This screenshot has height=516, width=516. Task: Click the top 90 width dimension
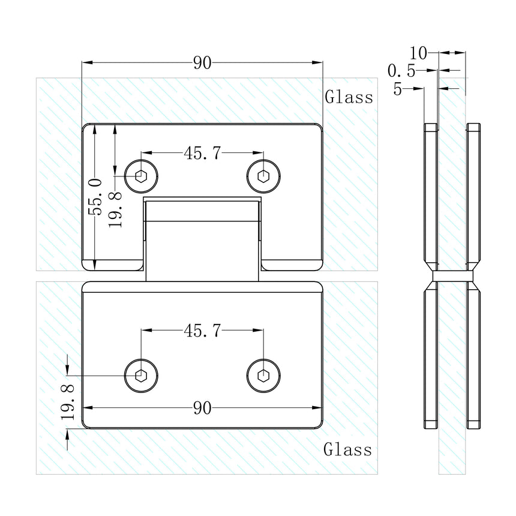point(202,63)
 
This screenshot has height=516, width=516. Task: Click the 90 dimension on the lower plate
point(202,409)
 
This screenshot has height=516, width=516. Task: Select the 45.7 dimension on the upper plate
point(202,154)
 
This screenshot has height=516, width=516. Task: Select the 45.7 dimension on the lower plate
point(202,330)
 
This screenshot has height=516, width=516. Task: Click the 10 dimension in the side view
point(419,53)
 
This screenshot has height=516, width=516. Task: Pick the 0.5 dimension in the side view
point(402,71)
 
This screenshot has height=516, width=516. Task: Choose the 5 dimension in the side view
point(398,89)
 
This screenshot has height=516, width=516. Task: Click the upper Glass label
point(349,97)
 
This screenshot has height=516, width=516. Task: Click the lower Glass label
point(347,449)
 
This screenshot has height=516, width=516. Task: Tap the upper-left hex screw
point(142,176)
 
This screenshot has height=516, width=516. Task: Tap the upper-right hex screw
point(263,176)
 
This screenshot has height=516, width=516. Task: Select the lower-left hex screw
point(142,376)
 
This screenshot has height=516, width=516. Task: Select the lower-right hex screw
point(263,376)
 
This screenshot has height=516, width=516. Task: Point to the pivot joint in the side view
point(452,277)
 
